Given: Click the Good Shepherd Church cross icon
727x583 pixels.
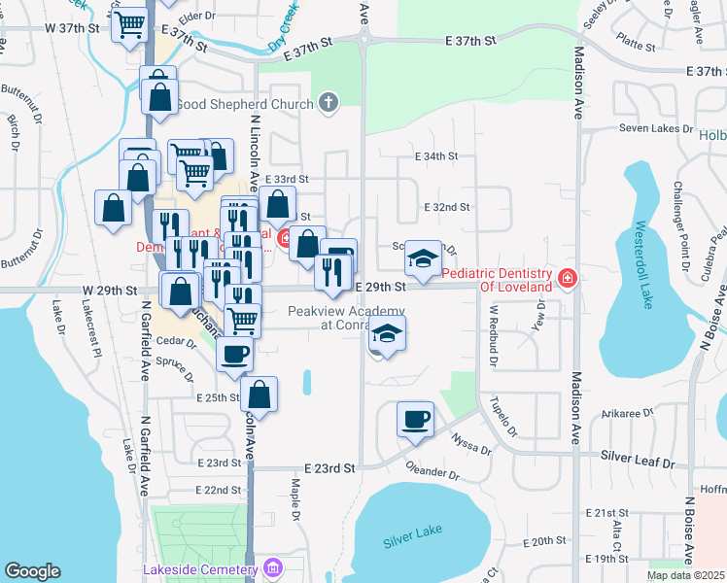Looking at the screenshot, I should (x=329, y=103).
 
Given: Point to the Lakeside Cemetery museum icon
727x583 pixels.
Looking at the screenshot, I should (x=274, y=568).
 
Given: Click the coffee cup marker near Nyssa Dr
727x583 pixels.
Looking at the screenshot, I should (x=415, y=420).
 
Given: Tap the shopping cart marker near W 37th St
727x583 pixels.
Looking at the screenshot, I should (x=129, y=24).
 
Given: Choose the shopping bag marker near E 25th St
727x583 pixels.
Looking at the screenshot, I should (x=259, y=394).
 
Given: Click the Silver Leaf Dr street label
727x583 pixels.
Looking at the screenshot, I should (x=636, y=455).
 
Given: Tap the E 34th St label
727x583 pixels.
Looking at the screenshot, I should (x=435, y=155).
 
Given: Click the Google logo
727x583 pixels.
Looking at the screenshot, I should (x=32, y=571).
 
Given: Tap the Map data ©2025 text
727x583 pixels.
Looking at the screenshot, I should (x=685, y=575).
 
